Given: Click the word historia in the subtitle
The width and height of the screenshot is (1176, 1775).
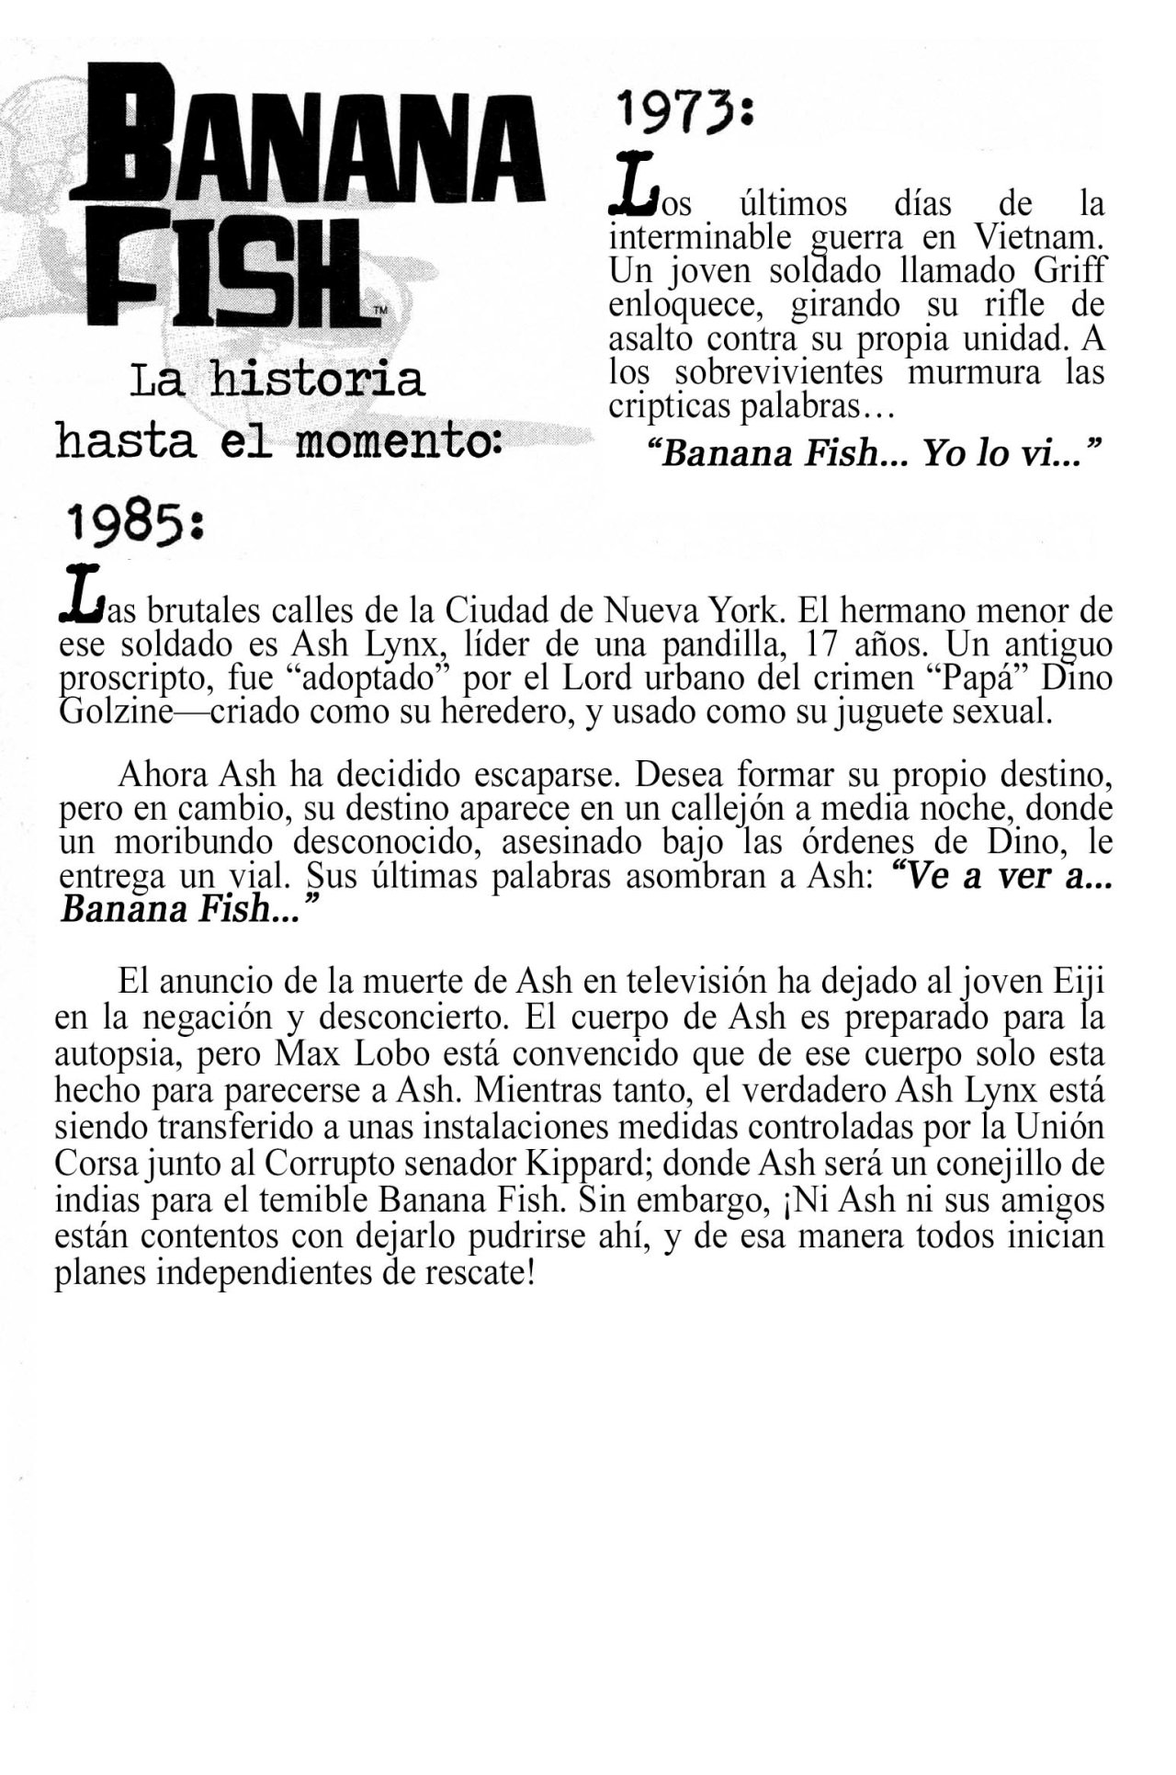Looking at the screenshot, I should coord(317,381).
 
